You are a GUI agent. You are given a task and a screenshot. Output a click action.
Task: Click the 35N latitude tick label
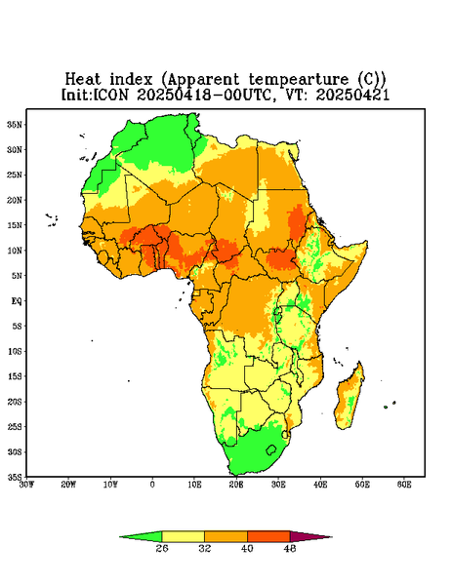[15, 125]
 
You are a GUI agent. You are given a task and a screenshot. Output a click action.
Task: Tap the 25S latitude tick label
[15, 426]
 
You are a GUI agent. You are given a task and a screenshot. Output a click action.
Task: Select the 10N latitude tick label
[15, 251]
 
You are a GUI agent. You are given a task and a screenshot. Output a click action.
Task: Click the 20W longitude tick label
[68, 485]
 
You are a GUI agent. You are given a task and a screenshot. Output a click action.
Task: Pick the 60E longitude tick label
[404, 485]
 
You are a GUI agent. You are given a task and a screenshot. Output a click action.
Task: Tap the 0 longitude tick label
[152, 485]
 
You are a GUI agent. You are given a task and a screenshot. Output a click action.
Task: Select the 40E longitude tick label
[320, 485]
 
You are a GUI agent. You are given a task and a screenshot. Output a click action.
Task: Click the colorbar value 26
[162, 548]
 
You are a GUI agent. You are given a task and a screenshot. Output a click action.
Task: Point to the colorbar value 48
[290, 548]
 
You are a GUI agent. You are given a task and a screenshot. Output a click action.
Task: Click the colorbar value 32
[205, 548]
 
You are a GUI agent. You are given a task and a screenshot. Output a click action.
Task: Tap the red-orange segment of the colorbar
[268, 536]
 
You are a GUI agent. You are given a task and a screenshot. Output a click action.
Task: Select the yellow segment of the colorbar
[183, 536]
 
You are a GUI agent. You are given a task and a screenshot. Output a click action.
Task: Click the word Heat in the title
[83, 80]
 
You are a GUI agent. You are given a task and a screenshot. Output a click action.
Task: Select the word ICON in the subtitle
[111, 95]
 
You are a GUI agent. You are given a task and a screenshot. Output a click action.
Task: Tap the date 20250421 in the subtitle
[353, 95]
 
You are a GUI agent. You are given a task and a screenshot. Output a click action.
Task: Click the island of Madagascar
[349, 398]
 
